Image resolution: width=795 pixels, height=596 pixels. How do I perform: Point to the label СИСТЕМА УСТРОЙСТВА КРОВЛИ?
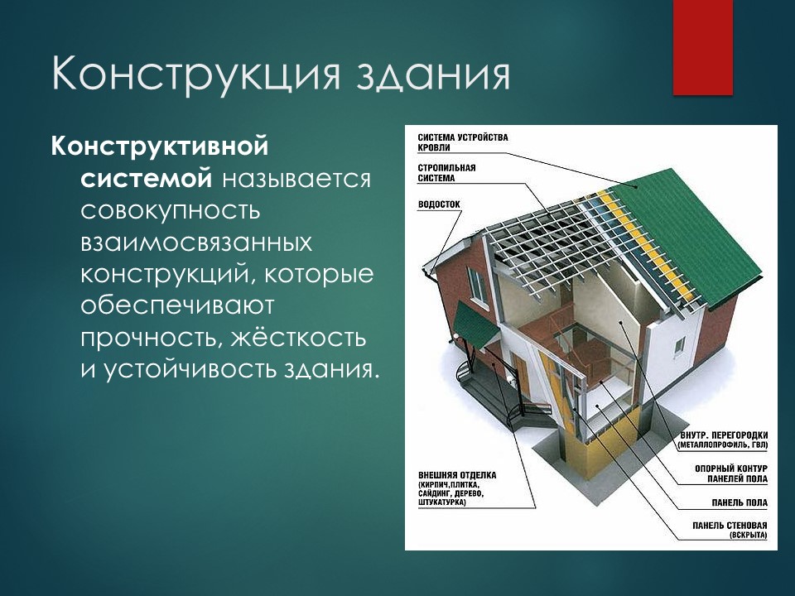tap(463, 142)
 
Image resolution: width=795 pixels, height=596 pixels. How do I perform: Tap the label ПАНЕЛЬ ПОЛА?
tap(740, 502)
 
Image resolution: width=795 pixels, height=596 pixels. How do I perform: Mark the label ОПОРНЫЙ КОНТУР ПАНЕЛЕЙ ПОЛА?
tap(731, 473)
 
